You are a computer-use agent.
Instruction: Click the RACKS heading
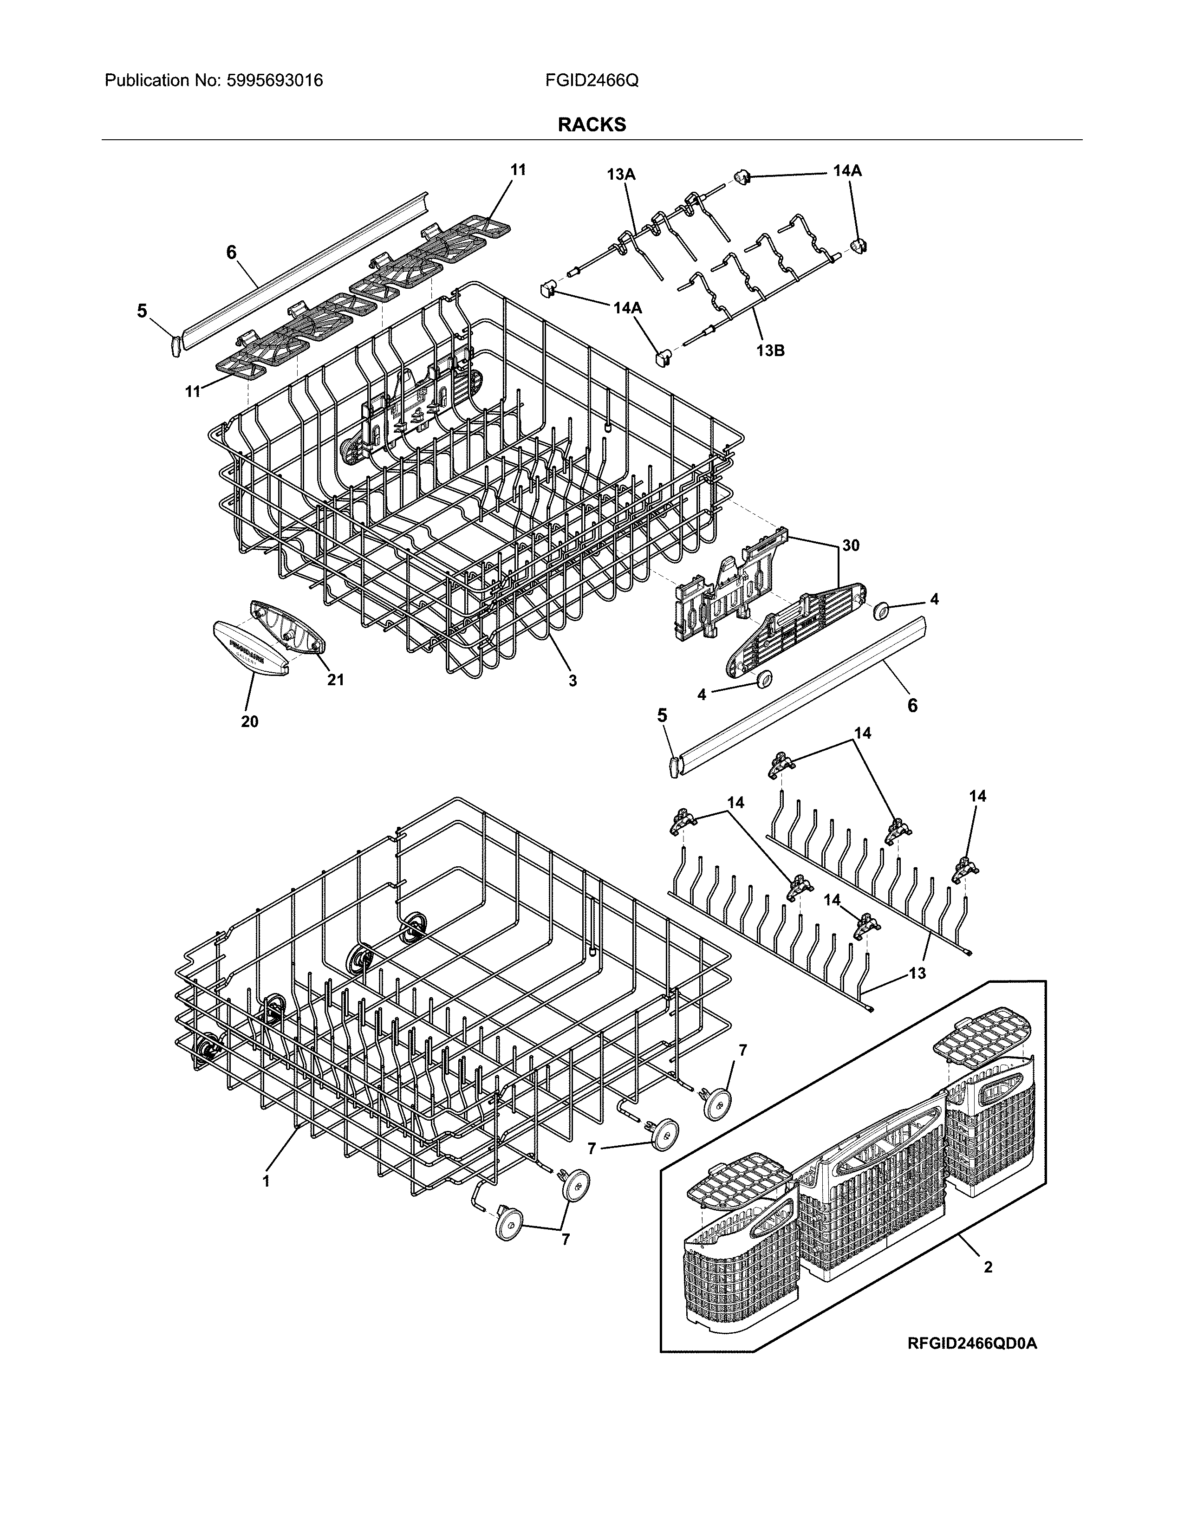[x=591, y=125]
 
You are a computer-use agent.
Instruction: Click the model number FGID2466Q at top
[x=591, y=81]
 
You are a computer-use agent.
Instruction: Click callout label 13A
[x=621, y=175]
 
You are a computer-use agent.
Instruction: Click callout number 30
[x=850, y=545]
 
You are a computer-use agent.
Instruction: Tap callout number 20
[x=250, y=721]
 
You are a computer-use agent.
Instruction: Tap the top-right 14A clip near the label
[x=742, y=177]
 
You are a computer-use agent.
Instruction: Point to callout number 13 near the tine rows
[x=917, y=973]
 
